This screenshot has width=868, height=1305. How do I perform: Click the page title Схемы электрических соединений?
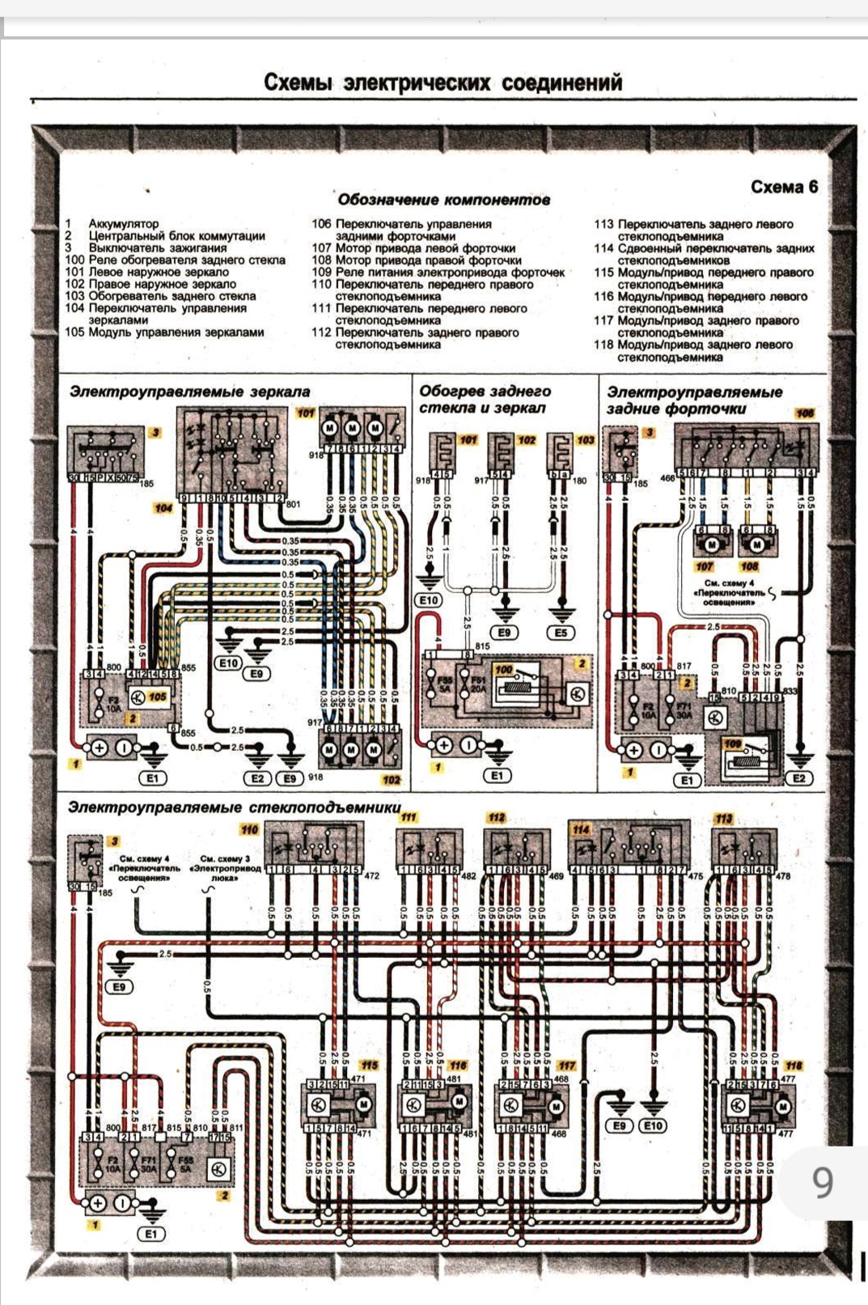pos(443,83)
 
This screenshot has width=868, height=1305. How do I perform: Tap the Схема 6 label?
pos(783,187)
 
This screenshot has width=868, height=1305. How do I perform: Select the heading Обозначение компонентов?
pos(443,199)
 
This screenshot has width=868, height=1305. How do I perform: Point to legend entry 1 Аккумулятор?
pos(113,223)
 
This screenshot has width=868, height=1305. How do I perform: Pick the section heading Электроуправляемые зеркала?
pos(189,392)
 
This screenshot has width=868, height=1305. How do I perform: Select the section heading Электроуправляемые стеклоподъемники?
pos(234,807)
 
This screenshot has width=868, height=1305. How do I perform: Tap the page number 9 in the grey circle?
pos(822,1183)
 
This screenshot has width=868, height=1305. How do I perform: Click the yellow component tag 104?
pos(163,508)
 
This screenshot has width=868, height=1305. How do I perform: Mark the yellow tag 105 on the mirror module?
pos(157,696)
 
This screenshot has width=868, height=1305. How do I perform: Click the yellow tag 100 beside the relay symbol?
pos(503,670)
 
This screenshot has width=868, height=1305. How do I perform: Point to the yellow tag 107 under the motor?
pos(705,566)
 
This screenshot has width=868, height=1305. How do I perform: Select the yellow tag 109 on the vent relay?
pos(733,743)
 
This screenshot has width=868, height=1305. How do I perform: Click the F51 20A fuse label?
pos(480,684)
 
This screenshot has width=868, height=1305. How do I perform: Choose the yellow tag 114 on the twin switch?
pos(581,829)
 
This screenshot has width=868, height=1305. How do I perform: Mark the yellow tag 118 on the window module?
pos(794,1066)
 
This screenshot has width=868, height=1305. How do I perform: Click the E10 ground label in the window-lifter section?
pos(652,1125)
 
